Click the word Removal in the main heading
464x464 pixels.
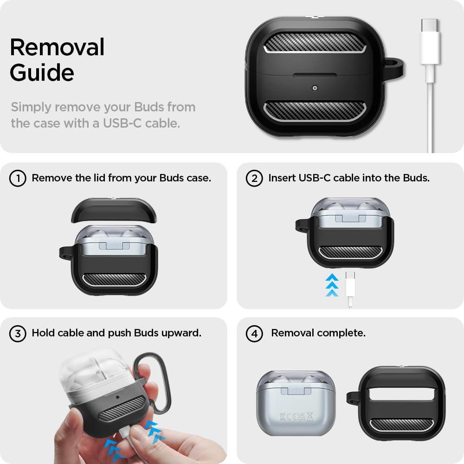tap(57, 47)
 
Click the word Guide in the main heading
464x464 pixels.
tap(42, 72)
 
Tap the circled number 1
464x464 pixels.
tap(18, 179)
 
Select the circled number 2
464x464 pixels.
tap(254, 179)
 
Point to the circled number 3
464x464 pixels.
tap(18, 334)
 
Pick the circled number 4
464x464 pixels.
tap(254, 334)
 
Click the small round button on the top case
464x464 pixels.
tap(315, 88)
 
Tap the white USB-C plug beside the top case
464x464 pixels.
tap(429, 41)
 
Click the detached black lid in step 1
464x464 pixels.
tap(114, 210)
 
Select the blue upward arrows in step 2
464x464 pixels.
tap(332, 285)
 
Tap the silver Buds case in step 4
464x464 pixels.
tap(296, 403)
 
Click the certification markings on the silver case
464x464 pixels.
tap(296, 417)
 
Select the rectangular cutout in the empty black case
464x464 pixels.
tap(402, 394)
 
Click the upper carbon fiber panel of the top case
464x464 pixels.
tap(315, 43)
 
